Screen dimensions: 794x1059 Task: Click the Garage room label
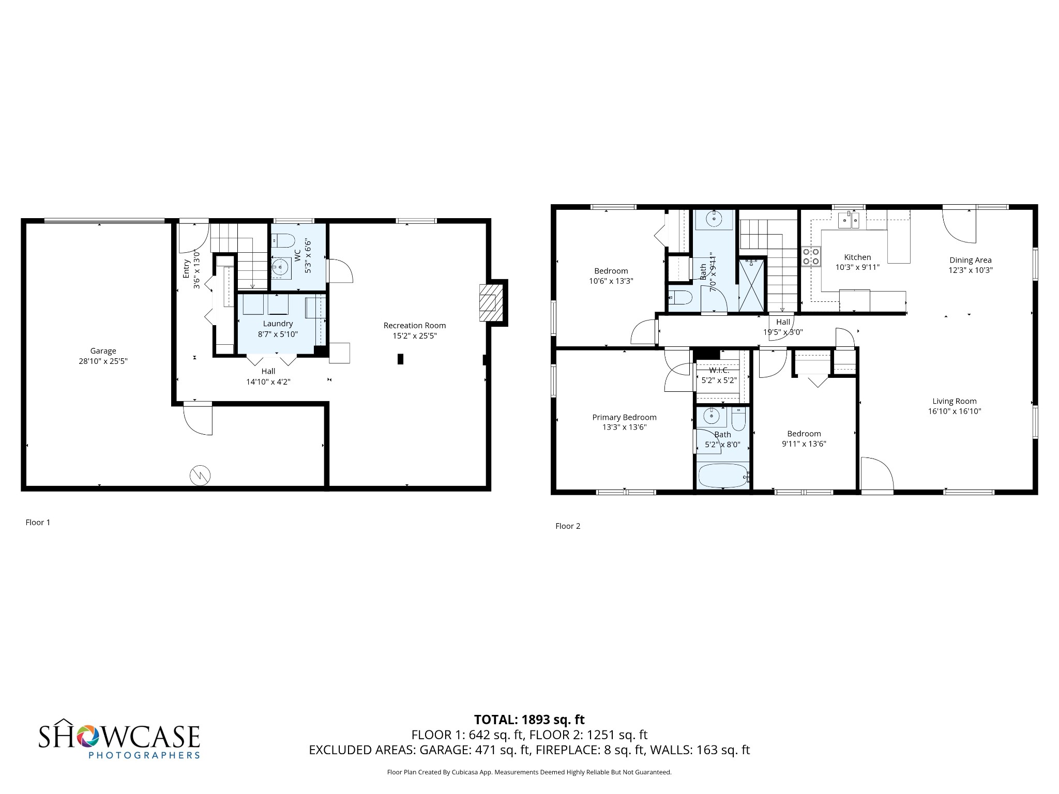click(103, 351)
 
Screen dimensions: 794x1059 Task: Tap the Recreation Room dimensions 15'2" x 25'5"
click(414, 335)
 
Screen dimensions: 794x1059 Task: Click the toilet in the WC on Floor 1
click(283, 241)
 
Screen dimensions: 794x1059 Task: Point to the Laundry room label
click(278, 324)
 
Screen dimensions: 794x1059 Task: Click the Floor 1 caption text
click(38, 522)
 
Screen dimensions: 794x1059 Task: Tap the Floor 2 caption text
click(568, 526)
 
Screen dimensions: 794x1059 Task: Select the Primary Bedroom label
click(624, 417)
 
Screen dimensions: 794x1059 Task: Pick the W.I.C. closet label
click(719, 371)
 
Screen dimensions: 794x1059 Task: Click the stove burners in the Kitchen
click(811, 256)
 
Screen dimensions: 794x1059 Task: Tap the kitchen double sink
click(849, 221)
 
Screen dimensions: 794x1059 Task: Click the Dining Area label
click(970, 260)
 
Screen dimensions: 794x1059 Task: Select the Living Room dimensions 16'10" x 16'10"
click(954, 411)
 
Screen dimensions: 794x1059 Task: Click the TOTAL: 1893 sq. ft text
click(529, 720)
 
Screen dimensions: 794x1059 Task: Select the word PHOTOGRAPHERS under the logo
click(144, 755)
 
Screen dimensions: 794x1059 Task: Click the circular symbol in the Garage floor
click(200, 476)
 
